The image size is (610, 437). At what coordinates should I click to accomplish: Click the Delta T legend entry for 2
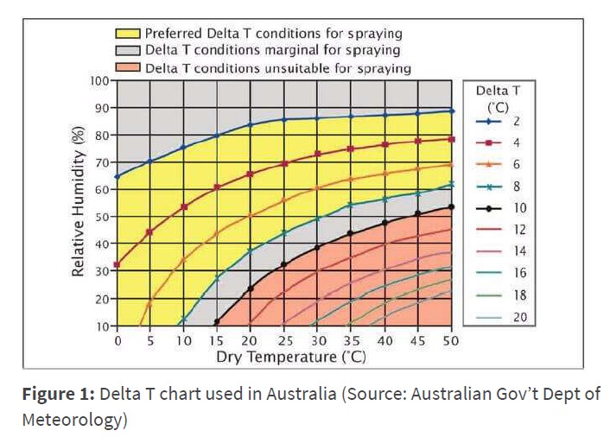(x=502, y=122)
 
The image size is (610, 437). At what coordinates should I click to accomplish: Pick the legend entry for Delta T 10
(x=502, y=208)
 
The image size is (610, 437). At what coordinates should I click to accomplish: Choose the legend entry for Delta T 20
(x=502, y=317)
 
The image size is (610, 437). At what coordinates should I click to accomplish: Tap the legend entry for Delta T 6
(x=502, y=164)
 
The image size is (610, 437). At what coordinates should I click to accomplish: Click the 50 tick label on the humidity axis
(x=102, y=217)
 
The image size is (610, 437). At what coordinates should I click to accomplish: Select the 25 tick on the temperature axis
(x=283, y=341)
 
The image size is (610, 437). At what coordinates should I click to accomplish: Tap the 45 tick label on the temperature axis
(x=417, y=341)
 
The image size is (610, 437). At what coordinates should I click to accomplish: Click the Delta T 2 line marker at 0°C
(x=117, y=176)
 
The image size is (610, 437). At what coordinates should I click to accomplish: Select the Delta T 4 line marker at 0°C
(x=117, y=264)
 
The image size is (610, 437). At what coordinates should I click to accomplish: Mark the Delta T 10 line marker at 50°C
(x=451, y=207)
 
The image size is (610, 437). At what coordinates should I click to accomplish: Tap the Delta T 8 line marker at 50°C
(x=451, y=184)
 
